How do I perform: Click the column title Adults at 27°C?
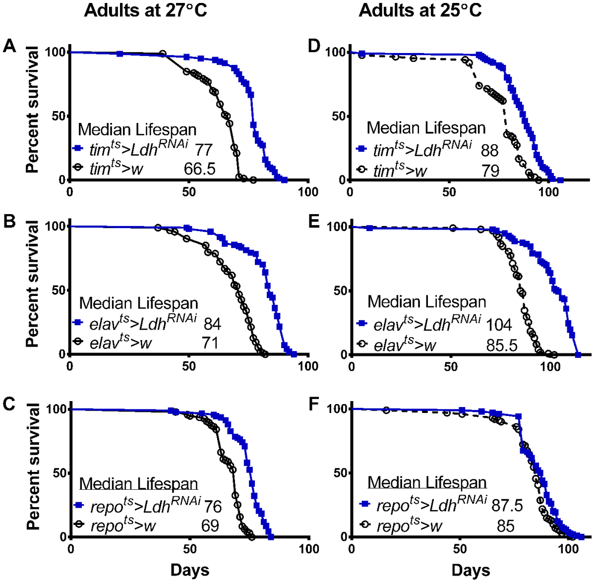tap(145, 10)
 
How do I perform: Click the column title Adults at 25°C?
tap(420, 10)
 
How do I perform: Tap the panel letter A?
tap(10, 47)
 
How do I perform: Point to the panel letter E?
tap(313, 221)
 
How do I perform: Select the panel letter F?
tap(313, 404)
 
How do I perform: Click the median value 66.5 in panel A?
tap(200, 169)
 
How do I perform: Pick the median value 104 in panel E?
tap(499, 325)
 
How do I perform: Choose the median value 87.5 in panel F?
tap(507, 506)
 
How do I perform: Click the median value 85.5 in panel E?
tap(502, 345)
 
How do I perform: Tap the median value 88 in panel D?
tap(489, 150)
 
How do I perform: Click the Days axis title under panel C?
tap(189, 570)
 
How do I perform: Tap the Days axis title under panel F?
tap(471, 570)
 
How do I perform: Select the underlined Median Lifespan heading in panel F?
tap(427, 482)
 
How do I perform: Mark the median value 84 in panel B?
tap(212, 324)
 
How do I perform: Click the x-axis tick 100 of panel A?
tap(308, 192)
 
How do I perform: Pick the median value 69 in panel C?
tap(210, 525)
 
